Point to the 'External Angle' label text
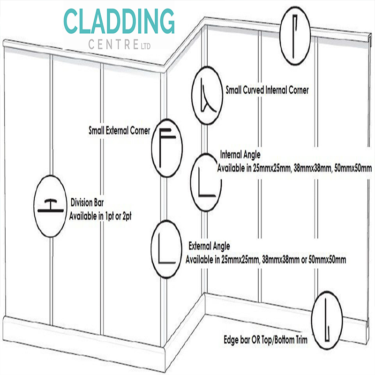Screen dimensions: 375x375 209,246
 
